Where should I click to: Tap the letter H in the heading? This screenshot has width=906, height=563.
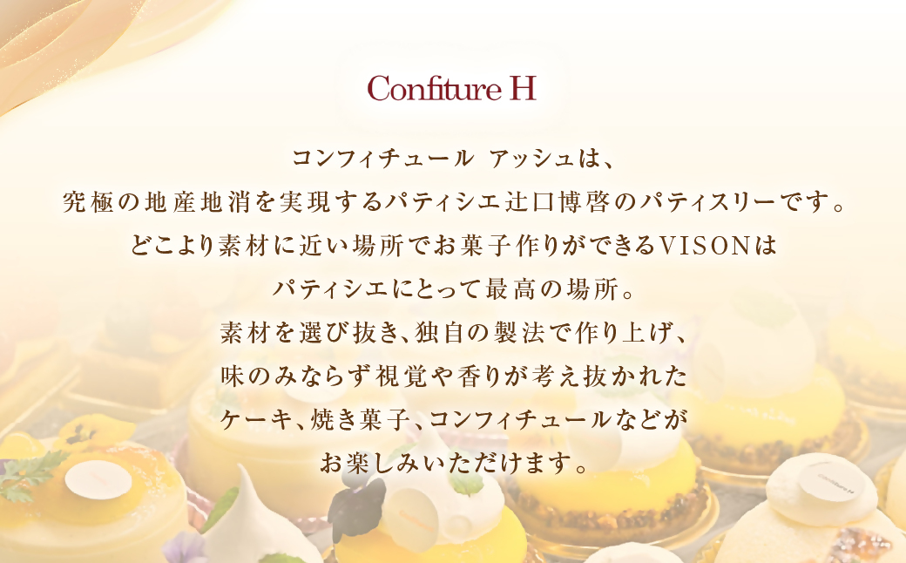[522, 89]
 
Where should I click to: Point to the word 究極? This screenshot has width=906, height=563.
[85, 205]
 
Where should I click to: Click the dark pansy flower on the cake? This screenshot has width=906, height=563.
[357, 502]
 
